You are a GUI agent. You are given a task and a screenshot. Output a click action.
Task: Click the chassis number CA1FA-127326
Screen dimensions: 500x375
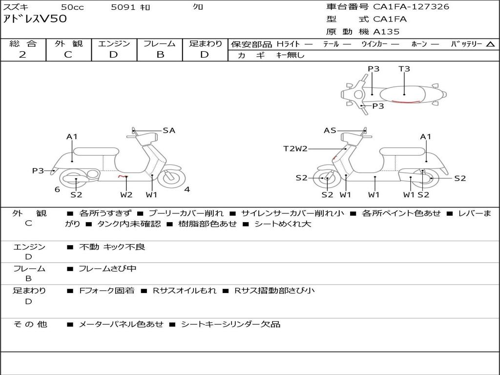click(411, 7)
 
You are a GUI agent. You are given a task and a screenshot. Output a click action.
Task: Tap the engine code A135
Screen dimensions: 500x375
click(386, 32)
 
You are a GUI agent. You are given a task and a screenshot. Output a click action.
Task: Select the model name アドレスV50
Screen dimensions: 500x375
click(35, 19)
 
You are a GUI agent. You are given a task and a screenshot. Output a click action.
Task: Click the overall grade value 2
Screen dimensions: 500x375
click(22, 55)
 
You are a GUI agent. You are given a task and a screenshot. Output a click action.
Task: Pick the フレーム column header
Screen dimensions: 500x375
click(160, 43)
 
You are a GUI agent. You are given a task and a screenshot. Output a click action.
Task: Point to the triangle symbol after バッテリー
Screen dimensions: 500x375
click(491, 44)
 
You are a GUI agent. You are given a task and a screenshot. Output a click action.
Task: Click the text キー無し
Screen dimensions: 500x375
click(290, 55)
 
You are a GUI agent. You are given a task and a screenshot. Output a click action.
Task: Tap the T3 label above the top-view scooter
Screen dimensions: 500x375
click(404, 68)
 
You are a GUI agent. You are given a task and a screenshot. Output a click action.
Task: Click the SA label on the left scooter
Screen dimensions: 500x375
click(169, 130)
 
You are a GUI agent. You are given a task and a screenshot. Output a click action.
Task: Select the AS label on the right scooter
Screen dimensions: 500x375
click(330, 130)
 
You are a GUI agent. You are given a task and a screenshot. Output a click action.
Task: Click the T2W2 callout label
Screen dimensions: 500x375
click(295, 148)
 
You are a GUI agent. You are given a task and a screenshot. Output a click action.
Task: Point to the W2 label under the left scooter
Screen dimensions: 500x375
click(126, 194)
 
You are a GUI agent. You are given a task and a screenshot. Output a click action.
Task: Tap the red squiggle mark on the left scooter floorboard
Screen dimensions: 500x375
click(123, 176)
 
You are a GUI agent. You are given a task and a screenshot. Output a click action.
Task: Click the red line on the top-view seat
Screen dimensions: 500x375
click(406, 102)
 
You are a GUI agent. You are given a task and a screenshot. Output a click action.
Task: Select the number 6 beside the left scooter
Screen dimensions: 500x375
click(58, 189)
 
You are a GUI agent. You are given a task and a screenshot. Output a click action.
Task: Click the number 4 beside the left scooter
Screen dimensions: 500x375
click(187, 189)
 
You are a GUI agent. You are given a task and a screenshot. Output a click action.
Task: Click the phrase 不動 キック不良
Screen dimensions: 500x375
click(112, 247)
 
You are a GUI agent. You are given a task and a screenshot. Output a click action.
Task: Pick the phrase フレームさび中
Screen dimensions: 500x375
click(107, 269)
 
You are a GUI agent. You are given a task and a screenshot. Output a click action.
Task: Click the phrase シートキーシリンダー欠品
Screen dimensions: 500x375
click(230, 324)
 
